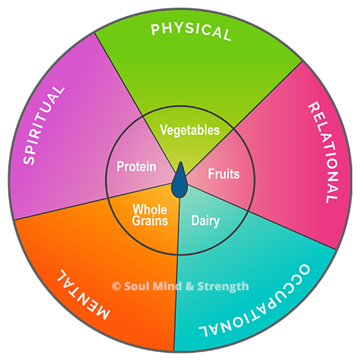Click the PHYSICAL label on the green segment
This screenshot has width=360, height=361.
tap(191, 31)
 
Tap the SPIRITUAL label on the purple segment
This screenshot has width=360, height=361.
tap(44, 126)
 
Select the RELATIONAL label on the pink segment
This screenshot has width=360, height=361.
tap(324, 152)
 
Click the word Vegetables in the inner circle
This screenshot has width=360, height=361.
tap(190, 130)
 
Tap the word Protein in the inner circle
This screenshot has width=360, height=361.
tap(137, 166)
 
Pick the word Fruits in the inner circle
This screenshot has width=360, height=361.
tap(224, 173)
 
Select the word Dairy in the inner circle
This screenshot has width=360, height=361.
tap(206, 221)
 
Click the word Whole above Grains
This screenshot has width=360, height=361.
tap(150, 209)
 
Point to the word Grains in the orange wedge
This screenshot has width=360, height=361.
tap(150, 220)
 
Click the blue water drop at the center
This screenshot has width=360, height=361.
tap(179, 180)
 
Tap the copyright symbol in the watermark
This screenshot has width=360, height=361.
tap(116, 286)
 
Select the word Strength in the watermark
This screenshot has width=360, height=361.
tap(223, 287)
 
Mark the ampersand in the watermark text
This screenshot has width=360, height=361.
tap(190, 286)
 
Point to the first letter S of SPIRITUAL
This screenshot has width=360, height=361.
tap(29, 159)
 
